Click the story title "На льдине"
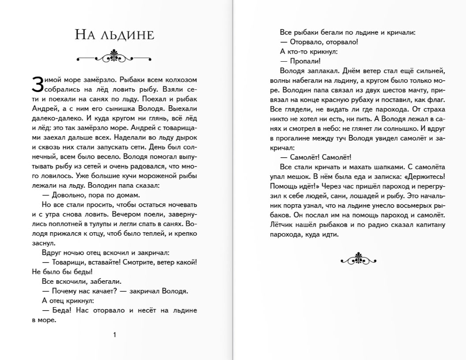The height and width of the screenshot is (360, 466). click(114, 35)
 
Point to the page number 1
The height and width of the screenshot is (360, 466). click(115, 335)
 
